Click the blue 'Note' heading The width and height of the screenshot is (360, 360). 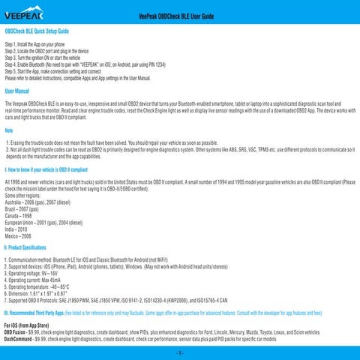[9, 130]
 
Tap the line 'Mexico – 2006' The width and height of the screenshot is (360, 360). [22, 235]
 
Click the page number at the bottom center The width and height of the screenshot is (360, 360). [180, 352]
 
